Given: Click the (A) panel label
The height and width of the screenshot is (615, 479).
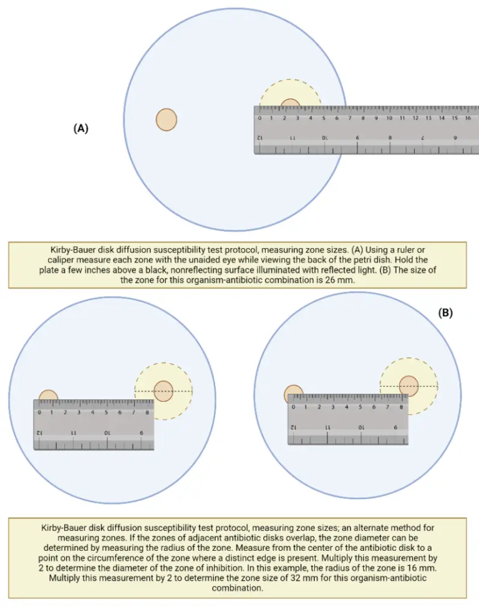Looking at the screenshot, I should tap(81, 128).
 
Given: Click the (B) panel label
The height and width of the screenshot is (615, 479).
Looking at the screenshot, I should tap(445, 313).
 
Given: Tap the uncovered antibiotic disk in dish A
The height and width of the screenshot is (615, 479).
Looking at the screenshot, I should tap(167, 119).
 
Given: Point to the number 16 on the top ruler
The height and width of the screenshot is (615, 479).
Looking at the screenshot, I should tap(467, 118).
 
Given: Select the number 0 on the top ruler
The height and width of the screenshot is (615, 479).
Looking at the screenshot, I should tap(259, 118).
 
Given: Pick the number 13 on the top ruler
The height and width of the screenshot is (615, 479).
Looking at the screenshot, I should tap(428, 118).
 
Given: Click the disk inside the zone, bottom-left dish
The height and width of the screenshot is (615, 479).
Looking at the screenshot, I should tap(163, 390).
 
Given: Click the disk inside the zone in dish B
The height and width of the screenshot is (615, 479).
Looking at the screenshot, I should tap(409, 385).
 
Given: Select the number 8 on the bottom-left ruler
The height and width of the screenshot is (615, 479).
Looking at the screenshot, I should tap(147, 412).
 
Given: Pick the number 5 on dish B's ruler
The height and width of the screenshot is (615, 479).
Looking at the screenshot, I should tap(360, 408).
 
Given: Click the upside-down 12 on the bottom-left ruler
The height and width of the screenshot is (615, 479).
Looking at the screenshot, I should tap(39, 432).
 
